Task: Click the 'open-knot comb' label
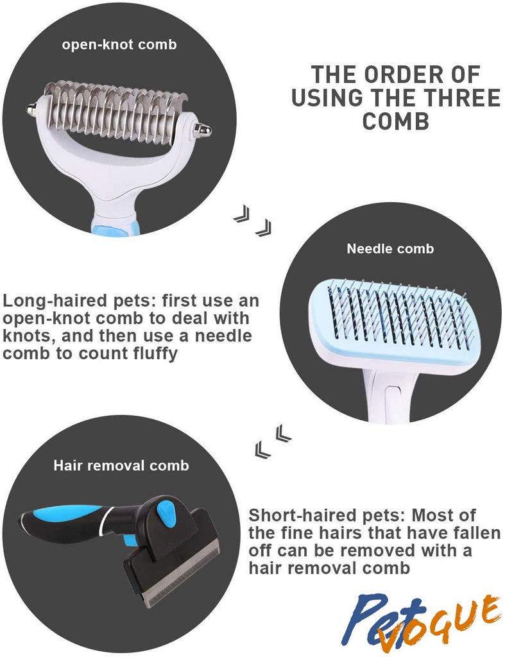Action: tap(119, 45)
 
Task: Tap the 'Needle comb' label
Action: tap(390, 249)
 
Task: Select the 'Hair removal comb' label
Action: tap(121, 466)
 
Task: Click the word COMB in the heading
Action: tap(396, 121)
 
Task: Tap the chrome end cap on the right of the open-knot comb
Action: tap(202, 130)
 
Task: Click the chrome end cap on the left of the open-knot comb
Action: tap(31, 110)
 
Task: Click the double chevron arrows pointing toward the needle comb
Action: tap(252, 221)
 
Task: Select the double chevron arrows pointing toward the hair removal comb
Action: tap(273, 441)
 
